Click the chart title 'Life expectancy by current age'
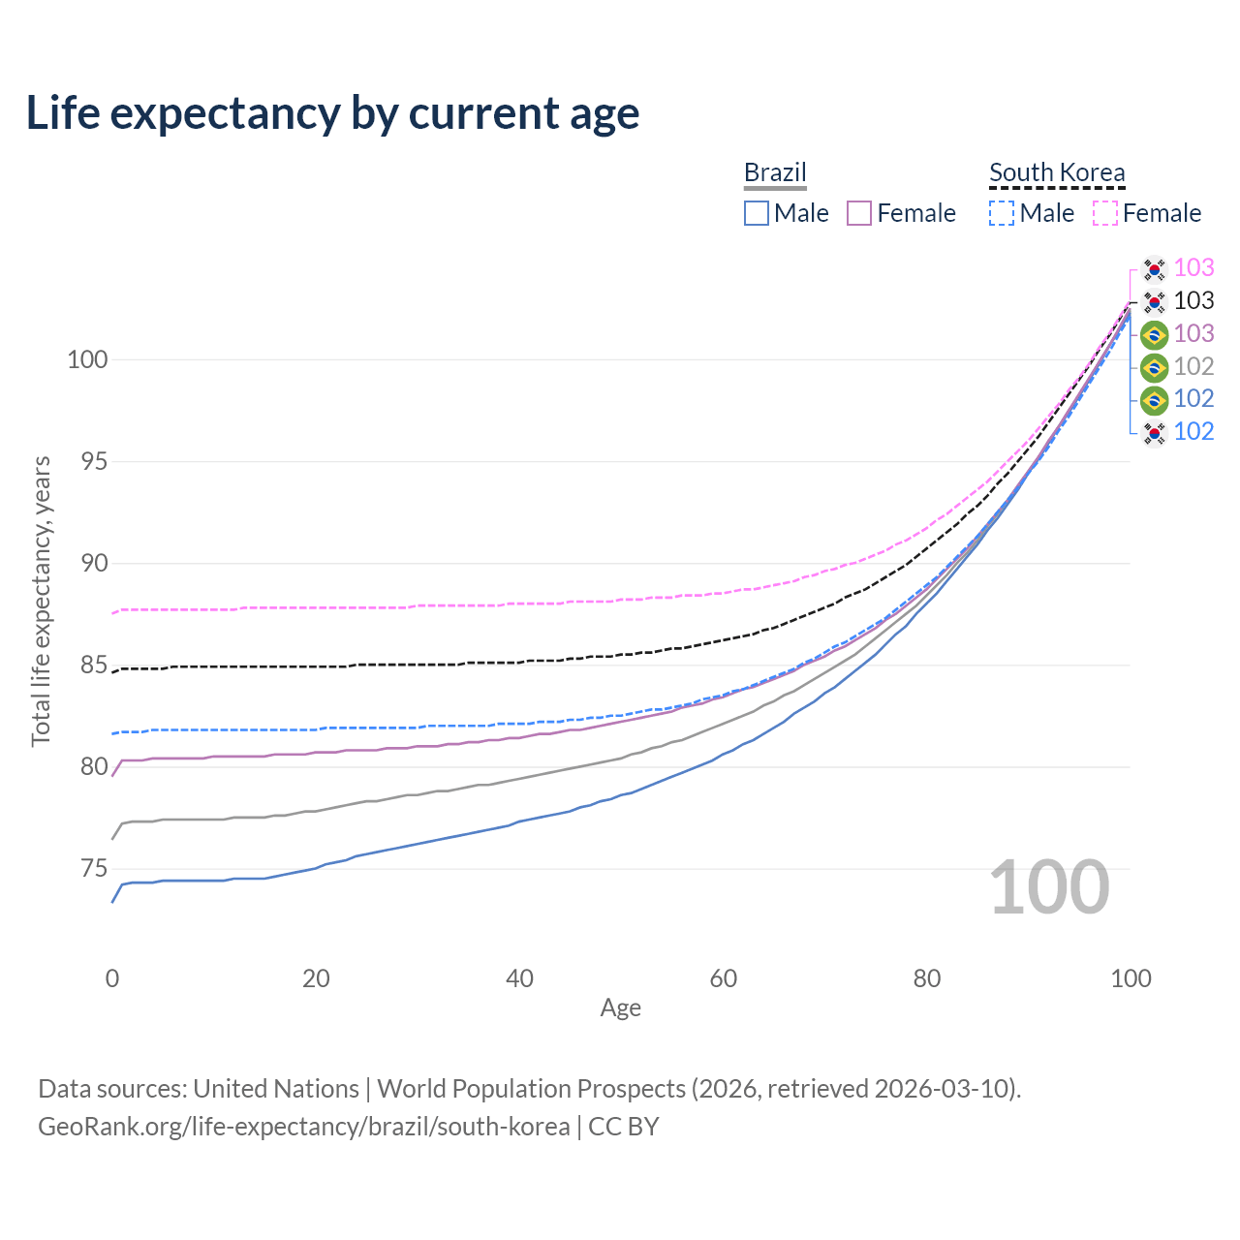tap(332, 113)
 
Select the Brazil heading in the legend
tap(775, 172)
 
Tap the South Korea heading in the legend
tap(1057, 172)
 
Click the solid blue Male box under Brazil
tap(756, 213)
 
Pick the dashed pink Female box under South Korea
tap(1105, 213)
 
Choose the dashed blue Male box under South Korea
tap(1002, 213)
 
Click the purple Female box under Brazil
tap(859, 213)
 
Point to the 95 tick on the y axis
tap(94, 461)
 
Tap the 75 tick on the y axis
tap(94, 869)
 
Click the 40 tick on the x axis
tap(519, 978)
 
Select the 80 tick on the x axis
tap(927, 978)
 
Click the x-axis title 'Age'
tap(620, 1008)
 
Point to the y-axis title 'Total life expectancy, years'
tap(42, 602)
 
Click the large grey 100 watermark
tap(1049, 887)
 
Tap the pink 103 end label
tap(1193, 267)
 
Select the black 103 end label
tap(1193, 300)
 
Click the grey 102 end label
tap(1193, 366)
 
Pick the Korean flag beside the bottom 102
tap(1154, 432)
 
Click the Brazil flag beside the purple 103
tap(1154, 334)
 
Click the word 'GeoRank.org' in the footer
tap(110, 1127)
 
